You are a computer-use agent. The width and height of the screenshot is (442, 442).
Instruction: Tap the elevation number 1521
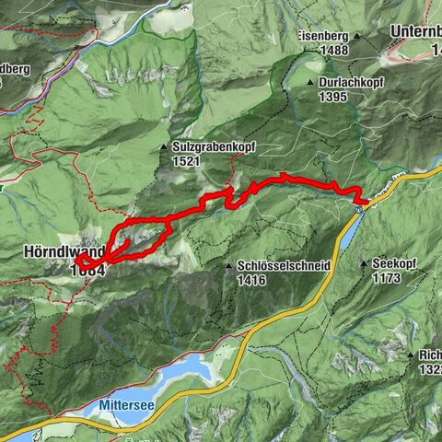pyautogui.click(x=185, y=160)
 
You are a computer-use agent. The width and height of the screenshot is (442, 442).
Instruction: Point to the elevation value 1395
pyautogui.click(x=333, y=96)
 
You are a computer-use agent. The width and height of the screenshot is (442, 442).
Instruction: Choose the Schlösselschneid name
pyautogui.click(x=284, y=265)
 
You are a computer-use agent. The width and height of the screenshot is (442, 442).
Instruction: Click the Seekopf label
pyautogui.click(x=395, y=263)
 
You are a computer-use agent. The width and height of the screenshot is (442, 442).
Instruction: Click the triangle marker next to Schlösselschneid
pyautogui.click(x=228, y=266)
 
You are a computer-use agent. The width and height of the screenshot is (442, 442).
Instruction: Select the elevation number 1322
pyautogui.click(x=429, y=368)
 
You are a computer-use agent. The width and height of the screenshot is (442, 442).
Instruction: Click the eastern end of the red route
pyautogui.click(x=366, y=199)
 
